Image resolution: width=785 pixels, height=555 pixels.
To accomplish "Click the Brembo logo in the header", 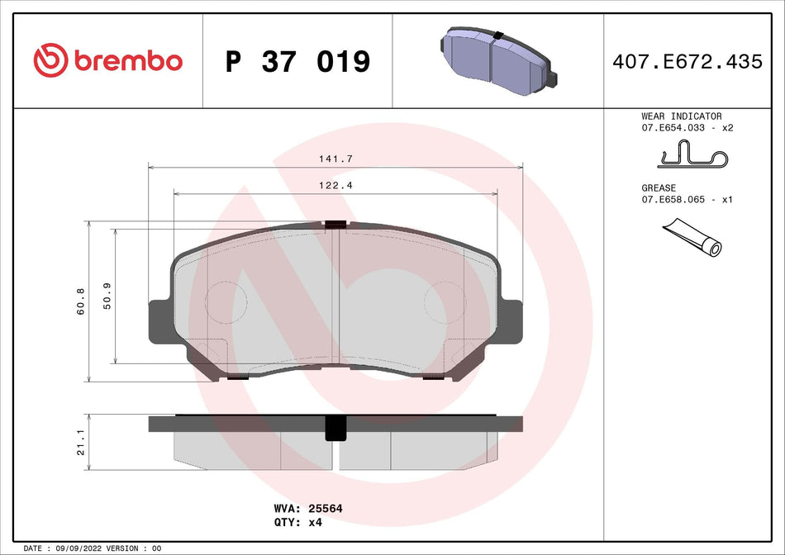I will (x=107, y=60).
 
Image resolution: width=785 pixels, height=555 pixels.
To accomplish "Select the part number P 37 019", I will (x=297, y=61).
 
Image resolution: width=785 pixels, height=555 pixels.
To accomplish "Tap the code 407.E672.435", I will (x=687, y=61).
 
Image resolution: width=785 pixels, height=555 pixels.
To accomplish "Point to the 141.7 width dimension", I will (x=335, y=158).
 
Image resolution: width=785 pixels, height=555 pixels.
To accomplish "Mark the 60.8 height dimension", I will (x=79, y=301).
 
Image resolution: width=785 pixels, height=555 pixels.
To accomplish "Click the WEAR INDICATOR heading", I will (x=681, y=116).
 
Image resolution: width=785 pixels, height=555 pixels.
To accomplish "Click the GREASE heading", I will (x=659, y=188).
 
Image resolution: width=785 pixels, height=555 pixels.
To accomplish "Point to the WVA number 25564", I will (x=326, y=509).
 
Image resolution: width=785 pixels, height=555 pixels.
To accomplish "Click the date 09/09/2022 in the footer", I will (x=85, y=548).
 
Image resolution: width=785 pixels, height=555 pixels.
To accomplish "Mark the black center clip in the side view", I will (x=335, y=426).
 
